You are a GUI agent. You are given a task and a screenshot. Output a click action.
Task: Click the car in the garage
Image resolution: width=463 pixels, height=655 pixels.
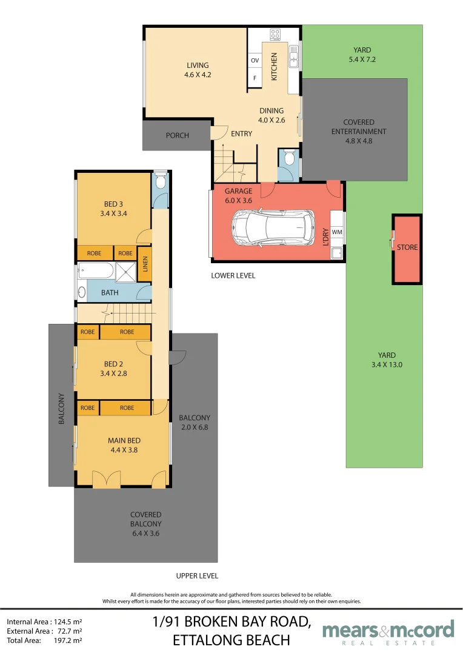click(273, 227)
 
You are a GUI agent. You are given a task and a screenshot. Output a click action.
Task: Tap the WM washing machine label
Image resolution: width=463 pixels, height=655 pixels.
click(337, 232)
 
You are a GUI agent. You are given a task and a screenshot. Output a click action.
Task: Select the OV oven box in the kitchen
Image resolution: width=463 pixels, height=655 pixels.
click(255, 61)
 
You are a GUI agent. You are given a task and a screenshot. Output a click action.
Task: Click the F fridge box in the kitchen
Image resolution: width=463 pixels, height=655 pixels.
click(255, 78)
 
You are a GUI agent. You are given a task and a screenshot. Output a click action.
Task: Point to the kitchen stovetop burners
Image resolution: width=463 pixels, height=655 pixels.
click(275, 34)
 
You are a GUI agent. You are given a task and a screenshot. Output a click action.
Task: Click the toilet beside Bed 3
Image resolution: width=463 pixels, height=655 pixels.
click(160, 181)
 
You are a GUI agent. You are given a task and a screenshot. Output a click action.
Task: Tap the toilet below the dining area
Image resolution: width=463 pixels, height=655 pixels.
click(288, 158)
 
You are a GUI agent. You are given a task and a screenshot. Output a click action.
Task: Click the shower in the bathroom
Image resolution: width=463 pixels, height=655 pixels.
click(125, 272)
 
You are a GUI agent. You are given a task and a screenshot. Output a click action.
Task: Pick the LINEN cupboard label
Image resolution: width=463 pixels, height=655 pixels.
click(145, 264)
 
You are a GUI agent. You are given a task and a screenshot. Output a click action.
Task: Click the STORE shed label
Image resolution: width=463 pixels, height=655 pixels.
click(407, 247)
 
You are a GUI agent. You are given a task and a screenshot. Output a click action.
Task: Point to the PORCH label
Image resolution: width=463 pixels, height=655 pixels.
click(178, 135)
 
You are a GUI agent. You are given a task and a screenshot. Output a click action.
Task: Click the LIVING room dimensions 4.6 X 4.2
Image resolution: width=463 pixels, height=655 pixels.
click(198, 75)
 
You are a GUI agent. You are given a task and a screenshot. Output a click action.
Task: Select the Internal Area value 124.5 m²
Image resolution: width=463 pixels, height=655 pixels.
click(68, 622)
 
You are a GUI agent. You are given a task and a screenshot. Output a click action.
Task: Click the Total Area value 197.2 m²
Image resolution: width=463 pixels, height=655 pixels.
click(68, 640)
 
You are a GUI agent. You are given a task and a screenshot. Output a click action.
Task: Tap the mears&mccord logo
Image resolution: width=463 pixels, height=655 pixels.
click(388, 632)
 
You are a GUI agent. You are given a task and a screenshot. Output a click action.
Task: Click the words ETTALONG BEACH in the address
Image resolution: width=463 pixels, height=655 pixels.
click(232, 640)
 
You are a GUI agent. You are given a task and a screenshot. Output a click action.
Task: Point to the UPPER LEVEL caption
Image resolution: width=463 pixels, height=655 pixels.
click(197, 576)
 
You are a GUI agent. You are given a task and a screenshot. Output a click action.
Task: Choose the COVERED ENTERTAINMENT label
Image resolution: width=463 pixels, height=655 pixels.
click(359, 127)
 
